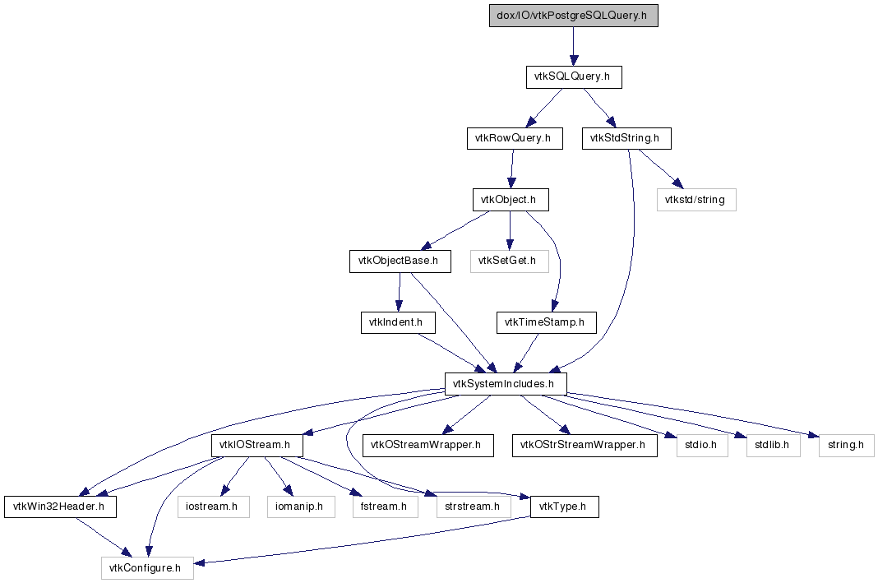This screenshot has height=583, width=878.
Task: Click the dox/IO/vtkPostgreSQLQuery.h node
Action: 574,16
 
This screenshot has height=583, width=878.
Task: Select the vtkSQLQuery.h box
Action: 573,77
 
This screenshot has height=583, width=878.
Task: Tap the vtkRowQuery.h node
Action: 515,138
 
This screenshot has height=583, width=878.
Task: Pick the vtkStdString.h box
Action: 626,138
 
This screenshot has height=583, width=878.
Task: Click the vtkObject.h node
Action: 511,199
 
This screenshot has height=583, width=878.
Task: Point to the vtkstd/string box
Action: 696,199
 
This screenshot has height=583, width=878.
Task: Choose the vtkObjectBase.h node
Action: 400,261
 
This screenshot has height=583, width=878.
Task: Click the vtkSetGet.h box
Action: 509,261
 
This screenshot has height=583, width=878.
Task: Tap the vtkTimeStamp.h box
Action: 545,322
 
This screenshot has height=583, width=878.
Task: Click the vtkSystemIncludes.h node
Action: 506,383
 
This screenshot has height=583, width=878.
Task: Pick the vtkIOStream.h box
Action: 257,445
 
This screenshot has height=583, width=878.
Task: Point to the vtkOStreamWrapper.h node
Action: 427,445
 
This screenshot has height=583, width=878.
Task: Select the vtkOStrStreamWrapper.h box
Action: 584,445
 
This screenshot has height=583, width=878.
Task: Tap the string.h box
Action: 846,445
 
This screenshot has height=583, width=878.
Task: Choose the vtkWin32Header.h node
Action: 59,507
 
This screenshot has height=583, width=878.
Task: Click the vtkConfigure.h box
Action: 147,567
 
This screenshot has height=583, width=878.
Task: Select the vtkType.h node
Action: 565,507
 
